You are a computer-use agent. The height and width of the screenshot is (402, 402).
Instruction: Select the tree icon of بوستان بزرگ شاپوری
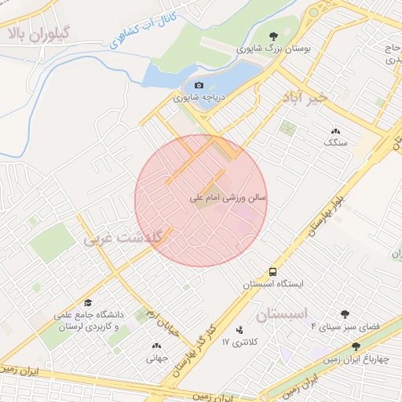coord(272,36)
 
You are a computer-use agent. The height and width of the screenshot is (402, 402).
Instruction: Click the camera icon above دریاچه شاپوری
coord(199,85)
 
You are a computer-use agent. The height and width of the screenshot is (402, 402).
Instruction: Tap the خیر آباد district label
coord(313,98)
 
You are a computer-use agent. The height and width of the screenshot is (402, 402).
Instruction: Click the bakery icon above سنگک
coord(335,131)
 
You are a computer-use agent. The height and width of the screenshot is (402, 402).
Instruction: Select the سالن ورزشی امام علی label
coord(228,199)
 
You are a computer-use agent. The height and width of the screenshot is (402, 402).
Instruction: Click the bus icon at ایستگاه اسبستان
coord(272,271)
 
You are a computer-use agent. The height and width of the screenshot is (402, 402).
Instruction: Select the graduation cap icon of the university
coord(88,302)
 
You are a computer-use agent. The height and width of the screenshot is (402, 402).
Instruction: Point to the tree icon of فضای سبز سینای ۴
coord(345,314)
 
